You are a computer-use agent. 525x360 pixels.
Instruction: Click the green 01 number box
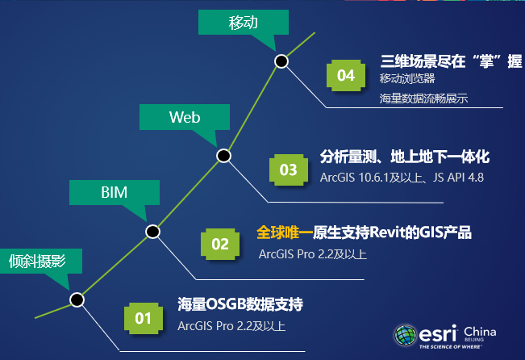click(x=144, y=317)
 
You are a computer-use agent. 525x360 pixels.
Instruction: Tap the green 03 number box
click(x=288, y=170)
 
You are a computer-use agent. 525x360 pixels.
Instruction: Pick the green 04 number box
click(x=346, y=75)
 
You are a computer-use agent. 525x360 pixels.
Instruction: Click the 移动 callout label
click(x=243, y=23)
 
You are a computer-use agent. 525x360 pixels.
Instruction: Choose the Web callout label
click(x=184, y=117)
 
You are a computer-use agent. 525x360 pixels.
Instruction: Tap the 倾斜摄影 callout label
click(x=36, y=260)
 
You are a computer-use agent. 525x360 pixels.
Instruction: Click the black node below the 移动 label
click(x=281, y=61)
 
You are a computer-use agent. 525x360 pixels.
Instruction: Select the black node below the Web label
click(x=223, y=155)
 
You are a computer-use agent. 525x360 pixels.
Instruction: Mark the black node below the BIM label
click(x=152, y=232)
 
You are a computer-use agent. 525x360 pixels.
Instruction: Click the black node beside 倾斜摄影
click(x=77, y=299)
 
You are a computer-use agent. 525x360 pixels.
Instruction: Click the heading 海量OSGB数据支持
click(x=240, y=305)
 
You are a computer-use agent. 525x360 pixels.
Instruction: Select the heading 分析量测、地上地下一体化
click(x=405, y=156)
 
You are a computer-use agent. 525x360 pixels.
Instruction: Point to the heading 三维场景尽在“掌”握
click(x=451, y=61)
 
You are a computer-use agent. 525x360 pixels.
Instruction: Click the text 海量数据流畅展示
click(x=424, y=98)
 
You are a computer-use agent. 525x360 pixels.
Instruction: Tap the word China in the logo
click(x=480, y=333)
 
